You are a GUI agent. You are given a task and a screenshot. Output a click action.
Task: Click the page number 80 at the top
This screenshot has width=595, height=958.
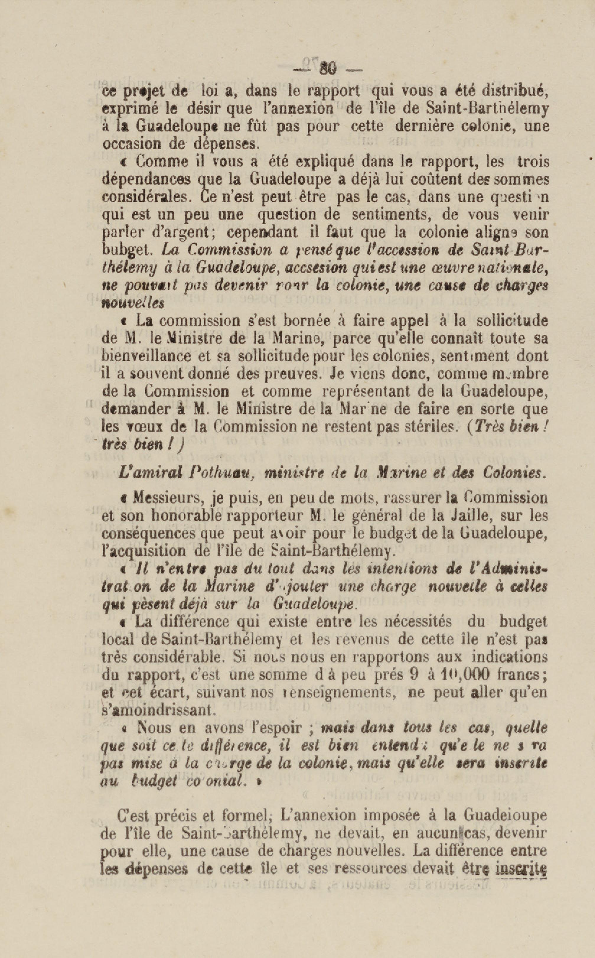click(x=328, y=70)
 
